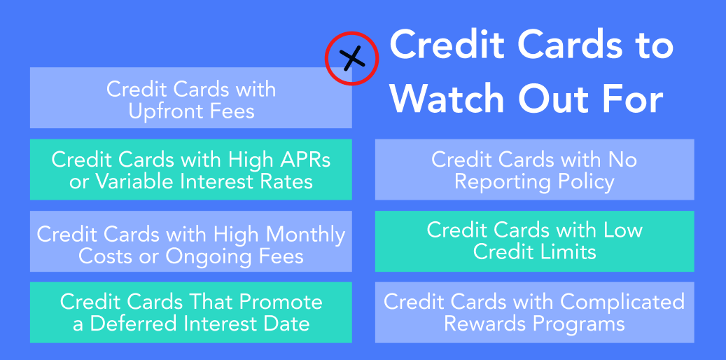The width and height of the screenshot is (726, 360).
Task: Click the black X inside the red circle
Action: click(352, 58)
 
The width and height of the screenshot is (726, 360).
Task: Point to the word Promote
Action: click(281, 302)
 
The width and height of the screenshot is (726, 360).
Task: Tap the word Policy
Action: click(586, 183)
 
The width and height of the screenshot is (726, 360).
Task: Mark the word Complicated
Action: click(622, 303)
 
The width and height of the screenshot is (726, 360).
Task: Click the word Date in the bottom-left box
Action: click(286, 324)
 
